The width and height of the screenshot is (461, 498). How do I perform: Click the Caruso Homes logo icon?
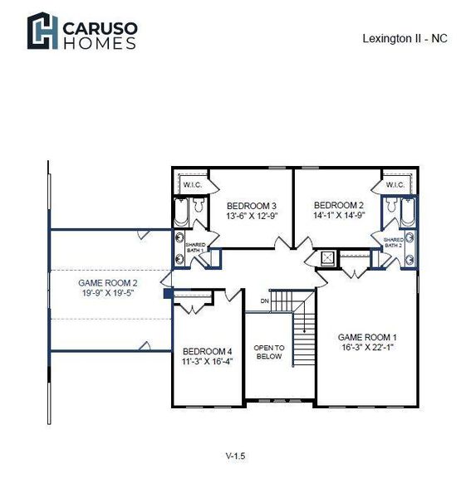(x=42, y=31)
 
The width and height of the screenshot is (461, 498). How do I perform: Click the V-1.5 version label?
(x=236, y=456)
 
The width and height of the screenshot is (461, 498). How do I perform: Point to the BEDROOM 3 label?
(x=251, y=206)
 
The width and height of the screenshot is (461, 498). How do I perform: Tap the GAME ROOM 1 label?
(x=367, y=337)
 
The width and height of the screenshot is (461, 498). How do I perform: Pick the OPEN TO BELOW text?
(x=268, y=351)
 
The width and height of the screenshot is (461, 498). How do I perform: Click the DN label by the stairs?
(x=264, y=300)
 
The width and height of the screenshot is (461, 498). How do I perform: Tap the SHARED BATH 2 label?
(x=393, y=242)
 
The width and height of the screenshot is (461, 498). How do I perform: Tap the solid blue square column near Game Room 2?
(x=168, y=292)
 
